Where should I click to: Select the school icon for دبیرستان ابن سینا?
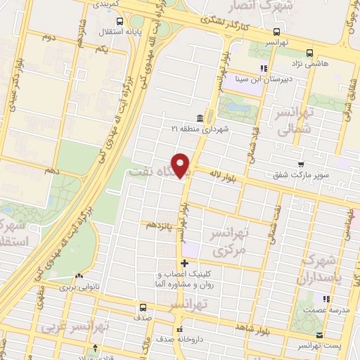click(x=263, y=68)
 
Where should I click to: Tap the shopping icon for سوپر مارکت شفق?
click(x=300, y=164)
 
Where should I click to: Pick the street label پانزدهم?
click(x=155, y=226)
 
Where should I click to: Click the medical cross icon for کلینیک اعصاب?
click(x=184, y=263)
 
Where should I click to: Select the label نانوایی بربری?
click(x=76, y=287)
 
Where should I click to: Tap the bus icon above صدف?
click(x=143, y=307)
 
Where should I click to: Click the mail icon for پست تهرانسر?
click(x=319, y=335)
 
